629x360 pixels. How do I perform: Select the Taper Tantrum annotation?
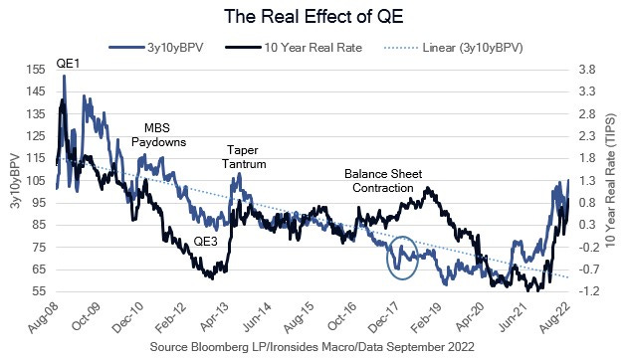click(243, 156)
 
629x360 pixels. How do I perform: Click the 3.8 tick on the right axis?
click(587, 70)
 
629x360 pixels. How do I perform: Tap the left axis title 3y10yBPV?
click(13, 180)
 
